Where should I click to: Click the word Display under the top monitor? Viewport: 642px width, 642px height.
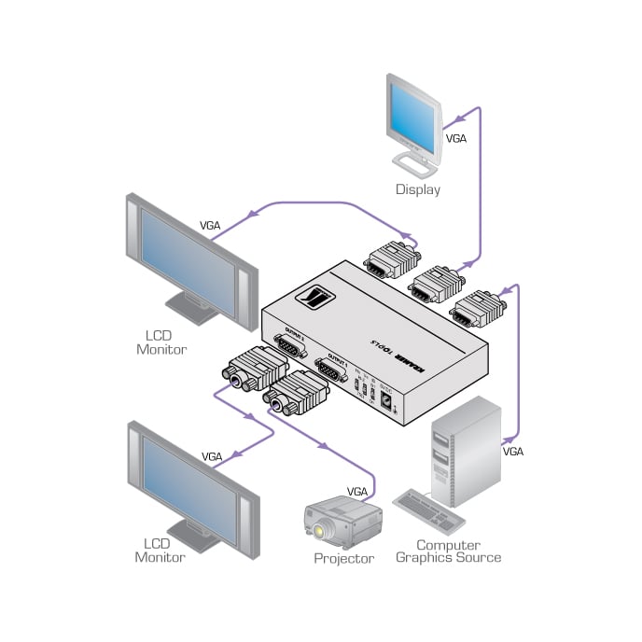pyautogui.click(x=417, y=189)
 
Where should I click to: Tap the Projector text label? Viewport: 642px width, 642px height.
pyautogui.click(x=343, y=559)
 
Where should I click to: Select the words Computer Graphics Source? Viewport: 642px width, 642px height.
pyautogui.click(x=448, y=551)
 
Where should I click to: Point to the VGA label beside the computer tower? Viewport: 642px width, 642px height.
pyautogui.click(x=513, y=452)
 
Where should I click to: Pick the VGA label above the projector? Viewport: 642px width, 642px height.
pyautogui.click(x=357, y=491)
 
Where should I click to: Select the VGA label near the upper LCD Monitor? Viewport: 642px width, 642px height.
pyautogui.click(x=211, y=225)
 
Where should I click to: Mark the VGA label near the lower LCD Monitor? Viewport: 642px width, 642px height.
pyautogui.click(x=212, y=457)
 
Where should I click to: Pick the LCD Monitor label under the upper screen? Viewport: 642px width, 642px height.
pyautogui.click(x=164, y=342)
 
